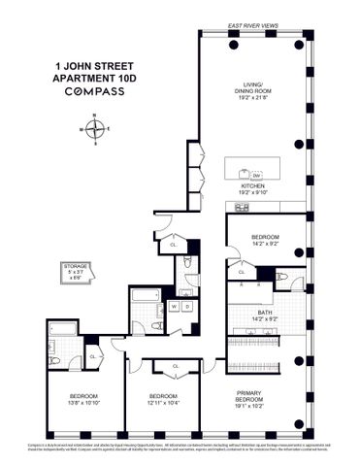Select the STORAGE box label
[x=75, y=264]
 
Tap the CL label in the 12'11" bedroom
[x=176, y=366]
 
